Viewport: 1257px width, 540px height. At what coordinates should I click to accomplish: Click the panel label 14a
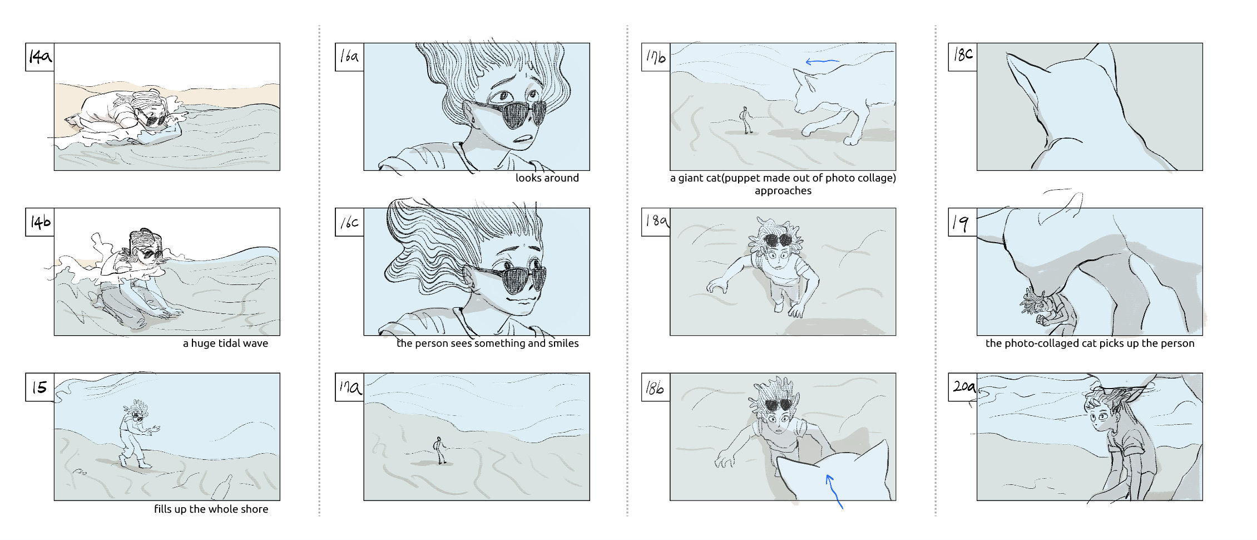pyautogui.click(x=40, y=57)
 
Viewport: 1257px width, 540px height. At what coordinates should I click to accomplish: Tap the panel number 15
pyautogui.click(x=39, y=387)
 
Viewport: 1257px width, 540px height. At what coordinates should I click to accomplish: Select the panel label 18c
pyautogui.click(x=963, y=55)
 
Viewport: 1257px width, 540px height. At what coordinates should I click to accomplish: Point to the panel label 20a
pyautogui.click(x=963, y=386)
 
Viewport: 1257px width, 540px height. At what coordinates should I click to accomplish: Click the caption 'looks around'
pyautogui.click(x=547, y=178)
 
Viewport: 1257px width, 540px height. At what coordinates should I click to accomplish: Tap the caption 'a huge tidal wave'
pyautogui.click(x=225, y=343)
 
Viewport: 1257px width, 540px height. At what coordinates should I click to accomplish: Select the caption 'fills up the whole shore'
pyautogui.click(x=211, y=509)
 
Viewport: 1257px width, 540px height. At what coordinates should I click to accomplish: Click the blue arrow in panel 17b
pyautogui.click(x=822, y=62)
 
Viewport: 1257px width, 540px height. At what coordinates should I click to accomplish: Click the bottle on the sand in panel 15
pyautogui.click(x=222, y=488)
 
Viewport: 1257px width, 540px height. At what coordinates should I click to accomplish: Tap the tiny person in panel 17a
pyautogui.click(x=439, y=450)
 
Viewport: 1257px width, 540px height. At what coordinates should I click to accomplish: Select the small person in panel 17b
pyautogui.click(x=746, y=120)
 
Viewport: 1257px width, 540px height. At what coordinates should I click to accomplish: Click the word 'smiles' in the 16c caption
pyautogui.click(x=563, y=343)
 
